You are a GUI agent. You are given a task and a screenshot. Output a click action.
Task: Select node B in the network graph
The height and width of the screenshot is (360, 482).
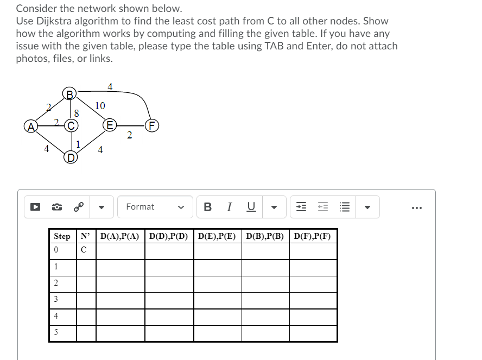[69, 93]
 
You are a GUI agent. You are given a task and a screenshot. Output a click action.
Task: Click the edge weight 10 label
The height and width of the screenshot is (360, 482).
[100, 105]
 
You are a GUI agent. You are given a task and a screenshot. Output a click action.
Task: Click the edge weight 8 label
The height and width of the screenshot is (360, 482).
[77, 113]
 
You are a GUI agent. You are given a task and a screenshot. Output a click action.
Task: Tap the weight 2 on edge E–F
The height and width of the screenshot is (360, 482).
[129, 135]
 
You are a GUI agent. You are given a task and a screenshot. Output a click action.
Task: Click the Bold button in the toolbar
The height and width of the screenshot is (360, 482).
[207, 207]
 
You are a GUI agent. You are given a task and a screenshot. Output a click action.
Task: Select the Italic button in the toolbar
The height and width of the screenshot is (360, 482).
[230, 207]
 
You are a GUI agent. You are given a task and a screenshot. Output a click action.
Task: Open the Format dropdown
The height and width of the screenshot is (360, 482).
[155, 207]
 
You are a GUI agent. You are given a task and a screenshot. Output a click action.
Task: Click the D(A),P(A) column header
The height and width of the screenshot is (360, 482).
[120, 236]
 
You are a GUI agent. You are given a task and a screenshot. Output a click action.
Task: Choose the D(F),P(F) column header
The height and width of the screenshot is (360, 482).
[313, 236]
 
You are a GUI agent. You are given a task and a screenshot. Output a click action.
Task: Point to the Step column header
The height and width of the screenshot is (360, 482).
[62, 236]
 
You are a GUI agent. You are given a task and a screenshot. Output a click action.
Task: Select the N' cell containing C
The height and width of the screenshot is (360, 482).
[83, 250]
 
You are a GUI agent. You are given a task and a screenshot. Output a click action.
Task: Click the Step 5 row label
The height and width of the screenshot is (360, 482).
[55, 332]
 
